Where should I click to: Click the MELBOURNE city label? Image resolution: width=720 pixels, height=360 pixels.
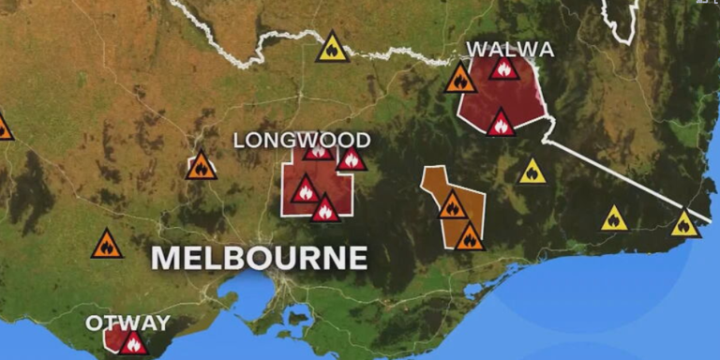point(259,257)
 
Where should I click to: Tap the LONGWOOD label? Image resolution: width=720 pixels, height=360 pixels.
point(301,141)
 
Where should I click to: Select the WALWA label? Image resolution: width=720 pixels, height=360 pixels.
point(510,49)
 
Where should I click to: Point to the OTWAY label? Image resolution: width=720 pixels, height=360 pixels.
point(128,322)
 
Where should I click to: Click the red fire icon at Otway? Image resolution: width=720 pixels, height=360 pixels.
point(132,343)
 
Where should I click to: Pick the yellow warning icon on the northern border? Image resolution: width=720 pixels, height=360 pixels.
point(332,48)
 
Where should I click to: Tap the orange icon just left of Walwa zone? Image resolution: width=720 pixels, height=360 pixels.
point(459,79)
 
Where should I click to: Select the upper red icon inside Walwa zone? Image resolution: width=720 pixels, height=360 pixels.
point(503,68)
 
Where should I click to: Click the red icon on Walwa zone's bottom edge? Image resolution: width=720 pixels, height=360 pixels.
point(501,123)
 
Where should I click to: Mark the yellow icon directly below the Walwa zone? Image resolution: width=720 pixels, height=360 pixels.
point(532,172)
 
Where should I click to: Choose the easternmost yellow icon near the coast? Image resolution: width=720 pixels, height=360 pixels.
point(684,224)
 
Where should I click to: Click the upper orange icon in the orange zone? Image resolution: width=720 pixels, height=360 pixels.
point(453,205)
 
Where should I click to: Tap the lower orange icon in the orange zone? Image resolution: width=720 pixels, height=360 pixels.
point(469,237)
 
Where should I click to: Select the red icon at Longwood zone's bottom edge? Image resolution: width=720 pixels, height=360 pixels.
point(324,209)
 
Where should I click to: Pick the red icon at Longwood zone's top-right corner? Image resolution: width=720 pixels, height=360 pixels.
point(352,158)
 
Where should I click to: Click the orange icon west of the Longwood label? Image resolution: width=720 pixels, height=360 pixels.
point(201,167)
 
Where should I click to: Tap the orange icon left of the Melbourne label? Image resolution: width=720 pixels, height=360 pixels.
point(107,246)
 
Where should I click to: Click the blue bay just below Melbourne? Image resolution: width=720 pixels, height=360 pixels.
point(239,292)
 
